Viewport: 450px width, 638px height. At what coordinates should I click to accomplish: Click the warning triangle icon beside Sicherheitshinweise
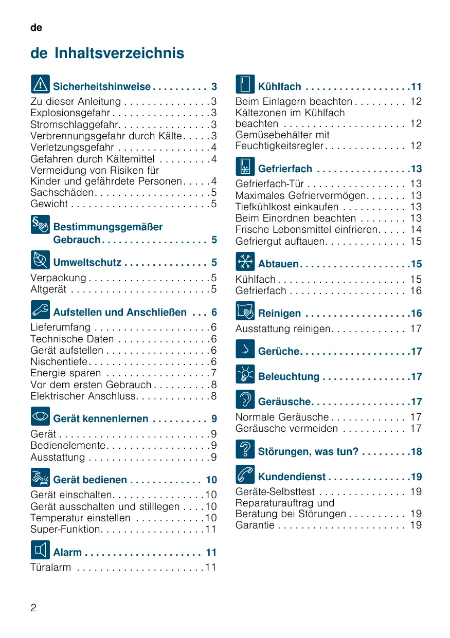point(40,84)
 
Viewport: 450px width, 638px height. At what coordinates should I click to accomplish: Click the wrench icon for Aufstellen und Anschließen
point(40,309)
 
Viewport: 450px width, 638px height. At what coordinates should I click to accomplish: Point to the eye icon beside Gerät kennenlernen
point(40,416)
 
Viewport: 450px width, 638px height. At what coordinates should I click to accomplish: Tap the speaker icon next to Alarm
point(40,550)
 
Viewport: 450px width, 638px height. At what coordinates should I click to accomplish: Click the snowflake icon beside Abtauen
point(245,261)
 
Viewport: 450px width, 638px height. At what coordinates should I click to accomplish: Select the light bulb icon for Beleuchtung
point(245,374)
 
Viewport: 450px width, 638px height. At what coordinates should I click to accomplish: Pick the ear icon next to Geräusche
point(245,399)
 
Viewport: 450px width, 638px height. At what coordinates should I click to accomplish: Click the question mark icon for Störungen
point(245,449)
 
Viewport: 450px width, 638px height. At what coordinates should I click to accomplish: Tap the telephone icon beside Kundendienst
point(245,474)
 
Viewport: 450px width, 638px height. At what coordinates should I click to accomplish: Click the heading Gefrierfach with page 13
point(285,169)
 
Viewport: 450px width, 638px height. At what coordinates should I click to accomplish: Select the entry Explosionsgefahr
point(70,113)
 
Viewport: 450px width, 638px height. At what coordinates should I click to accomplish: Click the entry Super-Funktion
point(66,529)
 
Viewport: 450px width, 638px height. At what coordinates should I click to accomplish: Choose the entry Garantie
point(255,525)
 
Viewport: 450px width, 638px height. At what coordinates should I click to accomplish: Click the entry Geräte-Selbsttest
point(275,491)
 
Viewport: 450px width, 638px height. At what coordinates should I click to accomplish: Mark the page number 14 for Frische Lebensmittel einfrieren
point(416,230)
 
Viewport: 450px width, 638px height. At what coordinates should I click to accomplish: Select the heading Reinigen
point(279,314)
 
